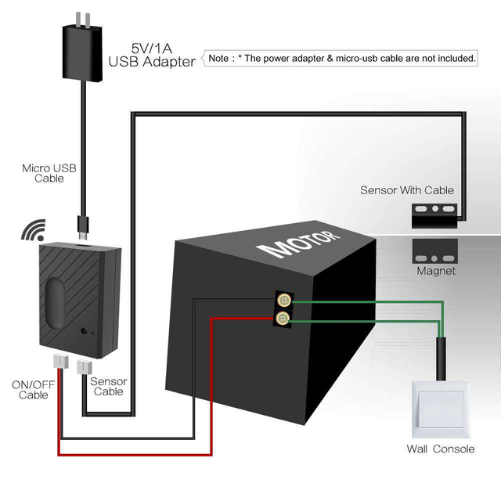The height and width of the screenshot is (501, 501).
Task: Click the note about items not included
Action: point(341,58)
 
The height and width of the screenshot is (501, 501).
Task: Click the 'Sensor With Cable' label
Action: point(406,190)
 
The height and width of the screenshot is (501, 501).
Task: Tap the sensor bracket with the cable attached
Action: point(435,214)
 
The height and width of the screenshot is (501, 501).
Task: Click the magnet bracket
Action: point(435,256)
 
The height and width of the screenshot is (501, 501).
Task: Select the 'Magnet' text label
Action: point(436,272)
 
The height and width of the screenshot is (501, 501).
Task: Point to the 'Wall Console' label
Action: point(440,449)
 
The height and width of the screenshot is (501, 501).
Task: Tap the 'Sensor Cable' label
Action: point(108,386)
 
